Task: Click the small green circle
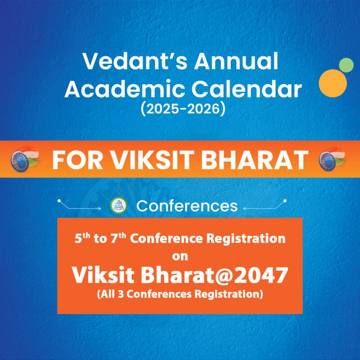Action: tap(346, 65)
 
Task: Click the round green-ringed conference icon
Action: tap(118, 206)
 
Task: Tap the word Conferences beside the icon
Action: tap(187, 206)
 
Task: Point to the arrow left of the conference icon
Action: tap(85, 206)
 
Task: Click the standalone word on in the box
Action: tap(180, 257)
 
